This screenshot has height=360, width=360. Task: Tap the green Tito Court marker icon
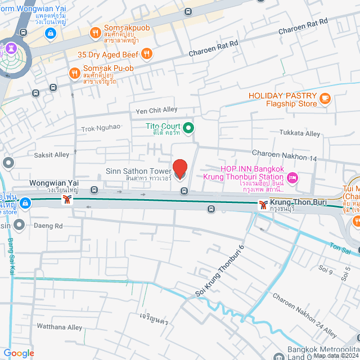click(190, 128)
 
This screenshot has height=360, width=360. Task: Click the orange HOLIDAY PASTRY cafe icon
click(325, 99)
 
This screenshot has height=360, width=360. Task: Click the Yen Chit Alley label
click(154, 110)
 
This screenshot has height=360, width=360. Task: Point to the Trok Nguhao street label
click(101, 127)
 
